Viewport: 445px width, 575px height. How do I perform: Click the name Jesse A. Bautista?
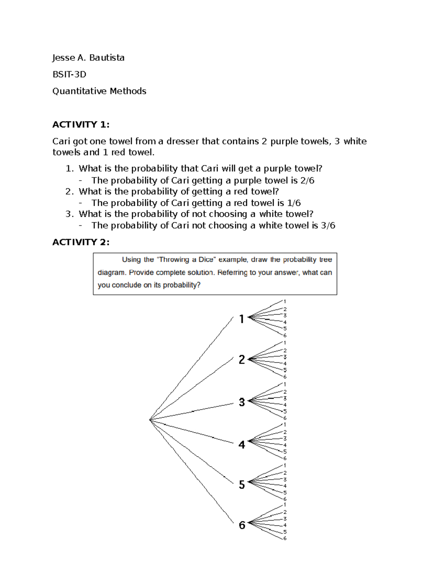[88, 58]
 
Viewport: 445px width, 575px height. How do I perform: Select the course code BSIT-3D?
[69, 74]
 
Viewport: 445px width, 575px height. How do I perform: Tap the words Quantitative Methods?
[99, 91]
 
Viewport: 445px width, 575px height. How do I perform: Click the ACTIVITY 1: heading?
[81, 124]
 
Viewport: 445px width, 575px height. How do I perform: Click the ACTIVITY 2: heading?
[81, 242]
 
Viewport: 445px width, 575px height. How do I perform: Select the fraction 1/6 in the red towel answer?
[294, 203]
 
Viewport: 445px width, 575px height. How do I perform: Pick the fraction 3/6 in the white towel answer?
[328, 225]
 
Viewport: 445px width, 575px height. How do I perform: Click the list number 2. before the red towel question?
[69, 191]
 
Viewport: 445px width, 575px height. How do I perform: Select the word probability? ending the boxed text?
[182, 285]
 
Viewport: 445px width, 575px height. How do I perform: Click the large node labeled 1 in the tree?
[242, 319]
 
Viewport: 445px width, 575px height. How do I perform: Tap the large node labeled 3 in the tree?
[242, 402]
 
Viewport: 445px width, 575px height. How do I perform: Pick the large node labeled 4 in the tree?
[242, 445]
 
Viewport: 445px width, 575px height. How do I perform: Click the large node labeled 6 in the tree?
[242, 525]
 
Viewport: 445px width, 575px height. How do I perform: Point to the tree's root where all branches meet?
[150, 419]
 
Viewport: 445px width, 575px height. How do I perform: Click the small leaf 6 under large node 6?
[285, 538]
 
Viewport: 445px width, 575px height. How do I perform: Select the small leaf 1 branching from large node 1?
[285, 301]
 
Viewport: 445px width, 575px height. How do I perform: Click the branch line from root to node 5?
[191, 451]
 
